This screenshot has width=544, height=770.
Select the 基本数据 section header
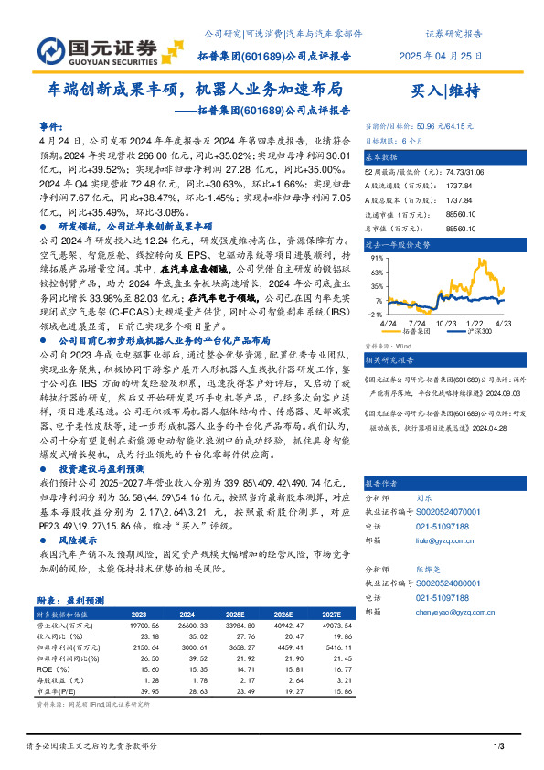point(382,156)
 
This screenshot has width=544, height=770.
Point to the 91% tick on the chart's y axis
point(376,259)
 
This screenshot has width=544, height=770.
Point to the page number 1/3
point(497,748)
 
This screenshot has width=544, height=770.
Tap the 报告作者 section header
point(382,483)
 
